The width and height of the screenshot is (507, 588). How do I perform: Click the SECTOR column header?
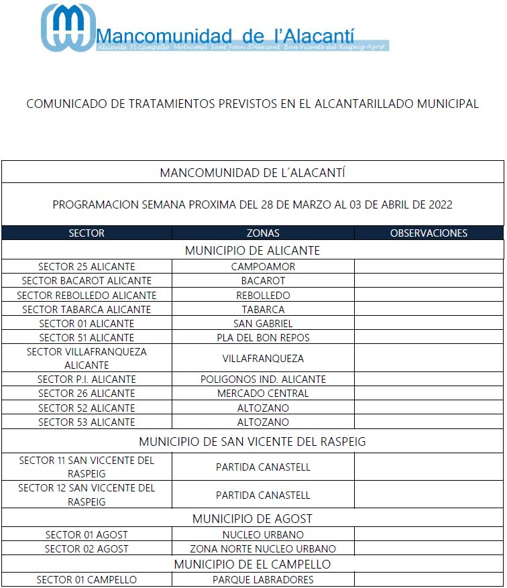point(87,233)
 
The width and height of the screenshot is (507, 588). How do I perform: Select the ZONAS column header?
point(263,233)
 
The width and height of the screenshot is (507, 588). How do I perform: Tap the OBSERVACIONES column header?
point(429,233)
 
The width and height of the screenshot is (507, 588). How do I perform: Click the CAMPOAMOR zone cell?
point(263,266)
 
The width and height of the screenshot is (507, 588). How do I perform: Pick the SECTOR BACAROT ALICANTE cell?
point(87,281)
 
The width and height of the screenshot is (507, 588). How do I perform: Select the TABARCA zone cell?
point(263,310)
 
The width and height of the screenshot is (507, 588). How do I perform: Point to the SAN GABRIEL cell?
point(263,324)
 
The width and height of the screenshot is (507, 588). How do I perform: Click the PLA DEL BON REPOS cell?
point(263,338)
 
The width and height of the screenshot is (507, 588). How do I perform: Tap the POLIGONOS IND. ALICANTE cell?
point(263,379)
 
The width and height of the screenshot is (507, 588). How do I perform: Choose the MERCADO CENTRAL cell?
point(263,394)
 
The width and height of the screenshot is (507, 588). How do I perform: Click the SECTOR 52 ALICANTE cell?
point(87,408)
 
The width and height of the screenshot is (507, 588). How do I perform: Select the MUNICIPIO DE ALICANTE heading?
point(252,251)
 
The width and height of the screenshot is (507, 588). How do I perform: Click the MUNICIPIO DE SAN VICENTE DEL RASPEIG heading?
point(252,442)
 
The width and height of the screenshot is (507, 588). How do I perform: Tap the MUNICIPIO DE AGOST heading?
point(252,519)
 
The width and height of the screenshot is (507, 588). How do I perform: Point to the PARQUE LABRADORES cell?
point(263,580)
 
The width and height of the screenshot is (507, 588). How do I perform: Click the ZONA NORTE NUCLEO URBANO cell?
point(263,549)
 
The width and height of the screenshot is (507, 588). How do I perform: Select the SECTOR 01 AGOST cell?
point(87,535)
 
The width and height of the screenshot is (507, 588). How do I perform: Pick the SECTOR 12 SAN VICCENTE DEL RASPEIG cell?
point(87,495)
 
